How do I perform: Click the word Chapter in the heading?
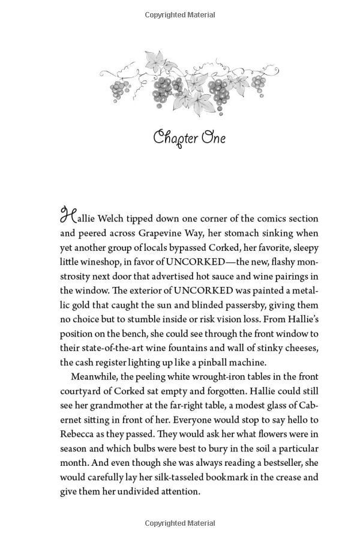point(175,139)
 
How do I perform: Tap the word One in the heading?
point(213,138)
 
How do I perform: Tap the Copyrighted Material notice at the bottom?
point(179,524)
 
